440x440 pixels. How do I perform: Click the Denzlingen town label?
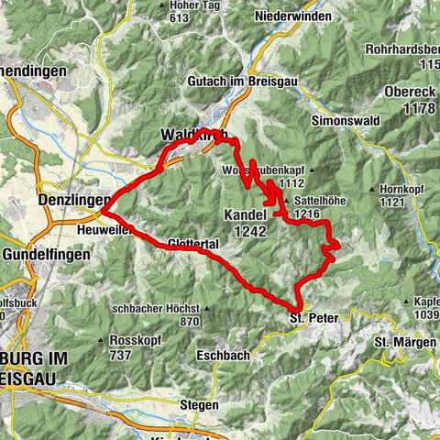(74, 199)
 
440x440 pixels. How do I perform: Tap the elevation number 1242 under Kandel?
(249, 233)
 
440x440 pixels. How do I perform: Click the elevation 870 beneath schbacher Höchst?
(190, 322)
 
